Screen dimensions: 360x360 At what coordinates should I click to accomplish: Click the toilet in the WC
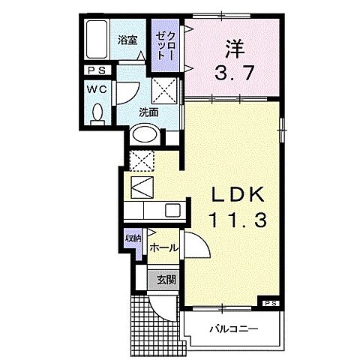click(95, 112)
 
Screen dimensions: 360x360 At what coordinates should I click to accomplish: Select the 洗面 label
click(148, 112)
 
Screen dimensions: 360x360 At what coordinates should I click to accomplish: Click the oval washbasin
click(145, 136)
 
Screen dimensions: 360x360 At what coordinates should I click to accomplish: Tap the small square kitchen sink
click(172, 211)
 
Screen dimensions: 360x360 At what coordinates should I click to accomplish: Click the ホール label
click(163, 246)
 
